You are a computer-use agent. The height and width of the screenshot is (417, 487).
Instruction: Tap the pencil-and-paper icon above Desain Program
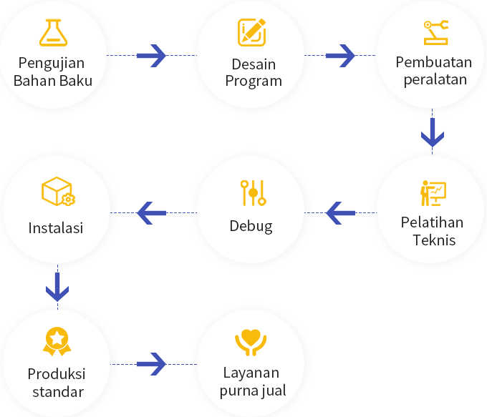251,32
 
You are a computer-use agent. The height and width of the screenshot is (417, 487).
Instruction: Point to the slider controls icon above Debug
253,192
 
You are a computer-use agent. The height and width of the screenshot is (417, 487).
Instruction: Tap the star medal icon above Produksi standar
57,340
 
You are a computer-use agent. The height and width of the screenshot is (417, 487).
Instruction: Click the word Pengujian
52,62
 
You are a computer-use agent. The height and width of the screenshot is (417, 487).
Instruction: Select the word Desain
254,64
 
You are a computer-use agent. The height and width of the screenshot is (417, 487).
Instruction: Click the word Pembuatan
434,62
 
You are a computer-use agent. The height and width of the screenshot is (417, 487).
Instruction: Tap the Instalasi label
56,228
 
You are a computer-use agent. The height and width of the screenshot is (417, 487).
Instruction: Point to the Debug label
251,226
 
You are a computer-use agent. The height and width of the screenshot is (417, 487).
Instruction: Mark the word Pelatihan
432,222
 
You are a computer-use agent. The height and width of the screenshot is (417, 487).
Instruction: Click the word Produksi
57,374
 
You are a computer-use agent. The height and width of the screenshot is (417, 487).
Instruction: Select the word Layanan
251,373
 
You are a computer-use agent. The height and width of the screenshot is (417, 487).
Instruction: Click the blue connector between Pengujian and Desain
151,55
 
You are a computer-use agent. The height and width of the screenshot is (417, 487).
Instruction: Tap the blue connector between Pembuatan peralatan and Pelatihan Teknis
433,132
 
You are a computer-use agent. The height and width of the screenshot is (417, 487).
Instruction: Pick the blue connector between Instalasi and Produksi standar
57,286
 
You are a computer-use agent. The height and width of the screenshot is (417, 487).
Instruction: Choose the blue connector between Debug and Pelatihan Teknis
340,212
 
